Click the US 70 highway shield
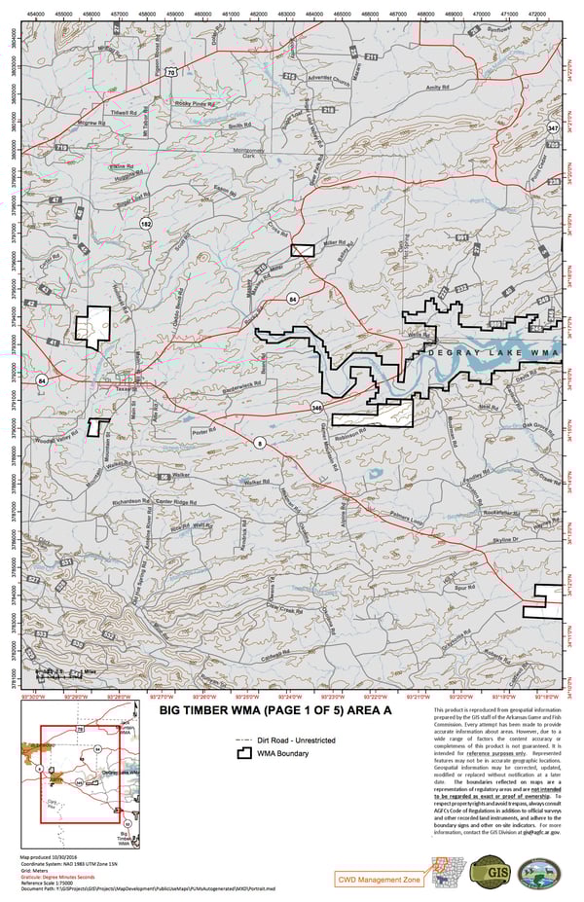point(169,72)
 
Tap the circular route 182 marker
point(146,223)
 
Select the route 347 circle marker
point(553,127)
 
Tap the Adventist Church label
point(327,84)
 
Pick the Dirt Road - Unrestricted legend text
point(280,738)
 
